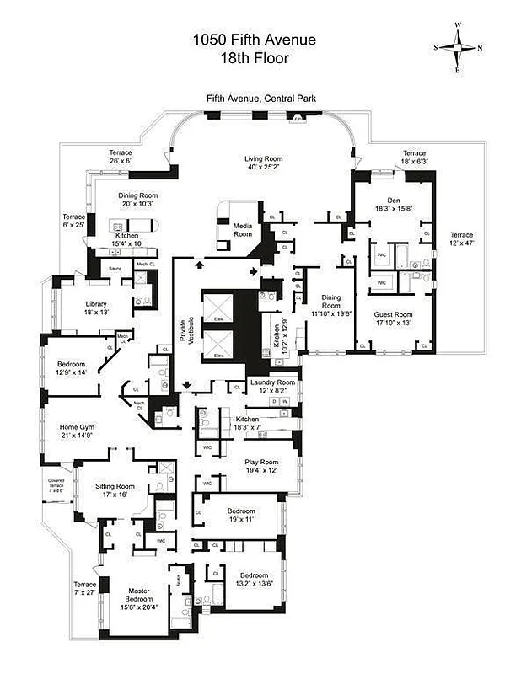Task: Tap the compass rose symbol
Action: [459, 47]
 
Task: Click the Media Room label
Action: [244, 230]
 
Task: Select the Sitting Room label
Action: [115, 491]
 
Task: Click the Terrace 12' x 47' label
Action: [460, 239]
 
